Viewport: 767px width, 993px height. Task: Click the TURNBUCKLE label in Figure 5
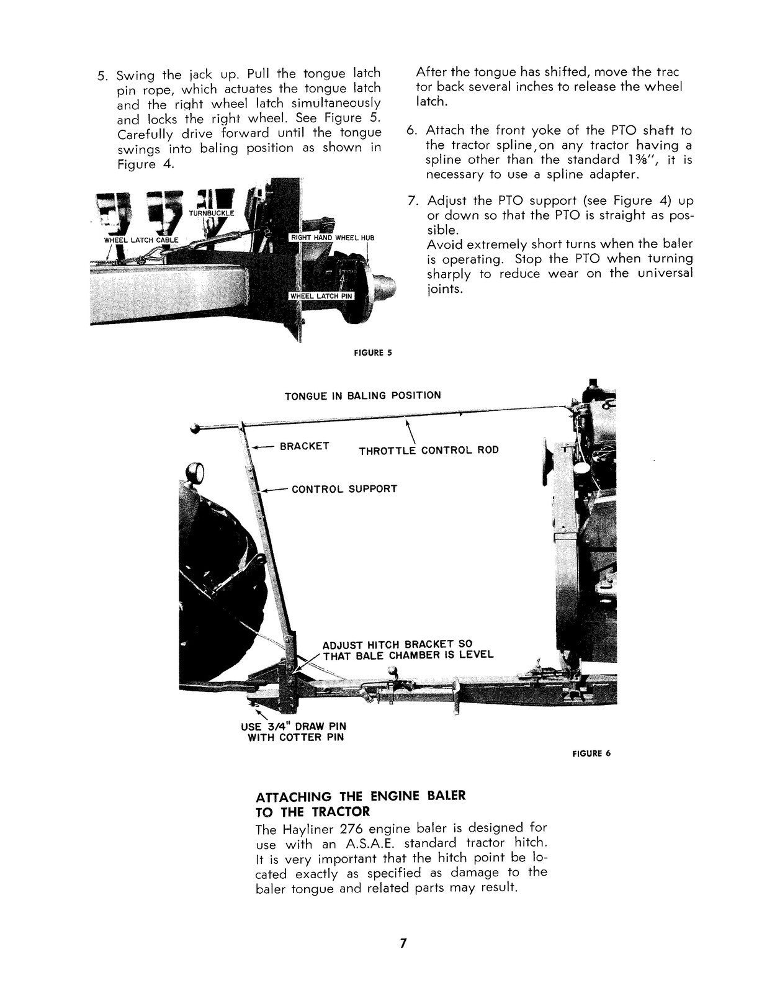point(212,213)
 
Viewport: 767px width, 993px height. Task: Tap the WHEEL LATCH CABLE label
point(141,240)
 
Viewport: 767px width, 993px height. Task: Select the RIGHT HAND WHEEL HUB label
point(332,238)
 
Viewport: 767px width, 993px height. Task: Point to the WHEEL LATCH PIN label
point(321,296)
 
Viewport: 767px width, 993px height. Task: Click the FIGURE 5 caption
point(372,353)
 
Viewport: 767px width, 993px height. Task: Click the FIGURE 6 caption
point(591,753)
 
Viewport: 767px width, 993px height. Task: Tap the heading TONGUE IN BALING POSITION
point(362,395)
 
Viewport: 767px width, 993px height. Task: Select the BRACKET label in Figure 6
point(304,446)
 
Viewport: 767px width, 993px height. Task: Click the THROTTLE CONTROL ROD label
point(429,450)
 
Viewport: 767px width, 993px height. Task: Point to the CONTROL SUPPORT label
point(344,489)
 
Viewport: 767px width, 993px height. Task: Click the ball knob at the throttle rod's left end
point(196,428)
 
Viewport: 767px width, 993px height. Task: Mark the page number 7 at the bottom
point(403,943)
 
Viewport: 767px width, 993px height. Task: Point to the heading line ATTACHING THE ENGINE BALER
point(360,796)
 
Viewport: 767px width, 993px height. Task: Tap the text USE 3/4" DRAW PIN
point(293,726)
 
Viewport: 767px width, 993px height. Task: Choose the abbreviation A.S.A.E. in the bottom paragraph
point(366,843)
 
